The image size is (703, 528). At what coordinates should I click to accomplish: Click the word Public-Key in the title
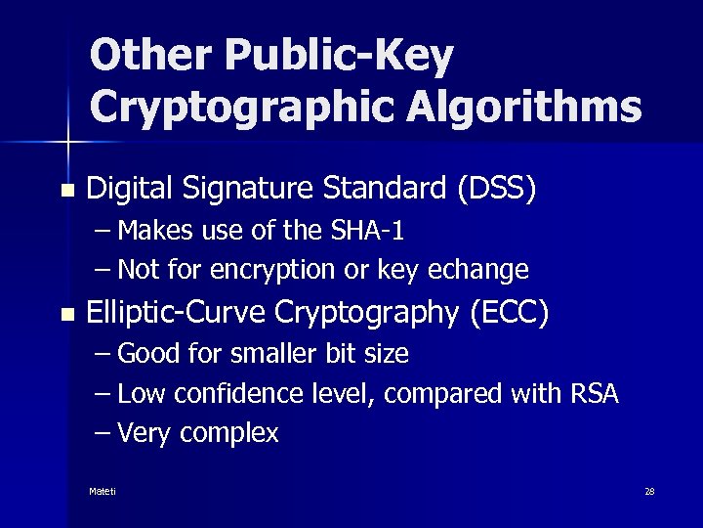point(340,57)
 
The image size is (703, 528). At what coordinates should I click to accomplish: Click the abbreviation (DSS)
point(496,188)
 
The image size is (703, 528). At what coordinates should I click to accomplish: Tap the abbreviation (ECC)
point(509,313)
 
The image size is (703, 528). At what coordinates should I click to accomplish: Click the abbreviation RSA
point(592,393)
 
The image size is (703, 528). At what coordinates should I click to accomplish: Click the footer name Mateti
point(102,491)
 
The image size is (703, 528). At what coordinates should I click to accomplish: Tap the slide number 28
point(649,491)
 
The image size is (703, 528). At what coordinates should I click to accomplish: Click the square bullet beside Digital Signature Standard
point(65,190)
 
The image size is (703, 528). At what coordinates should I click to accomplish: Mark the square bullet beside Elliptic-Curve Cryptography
point(65,315)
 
